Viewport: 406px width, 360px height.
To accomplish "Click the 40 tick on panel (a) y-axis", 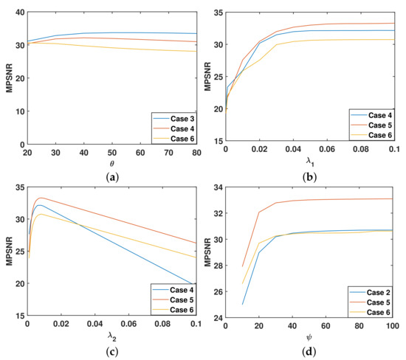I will (x=16, y=13).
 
